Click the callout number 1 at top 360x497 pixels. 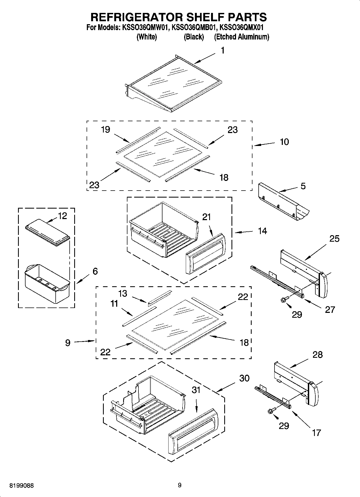pos(223,51)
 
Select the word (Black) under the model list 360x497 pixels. pos(194,37)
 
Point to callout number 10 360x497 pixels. pos(284,142)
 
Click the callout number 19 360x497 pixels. pos(105,130)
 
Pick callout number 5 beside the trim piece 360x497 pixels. pos(303,186)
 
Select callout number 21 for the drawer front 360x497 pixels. pos(206,217)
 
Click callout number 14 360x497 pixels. pos(262,231)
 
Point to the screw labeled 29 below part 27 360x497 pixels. pos(284,300)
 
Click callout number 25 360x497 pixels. pos(334,238)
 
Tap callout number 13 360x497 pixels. pos(123,293)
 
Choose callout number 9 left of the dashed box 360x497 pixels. pos(68,343)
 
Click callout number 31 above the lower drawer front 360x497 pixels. pos(196,390)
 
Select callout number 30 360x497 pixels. pos(244,378)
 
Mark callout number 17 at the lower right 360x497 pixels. pos(316,432)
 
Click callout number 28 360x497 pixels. pos(318,355)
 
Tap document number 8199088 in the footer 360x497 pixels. pos(22,486)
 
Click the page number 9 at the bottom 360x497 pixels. pos(180,485)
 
